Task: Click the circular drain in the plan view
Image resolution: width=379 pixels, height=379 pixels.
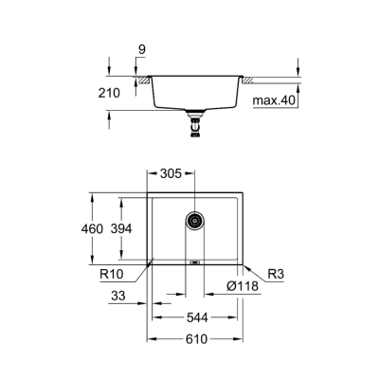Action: [x=195, y=221]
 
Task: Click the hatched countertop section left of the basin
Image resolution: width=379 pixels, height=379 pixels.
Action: [x=143, y=83]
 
